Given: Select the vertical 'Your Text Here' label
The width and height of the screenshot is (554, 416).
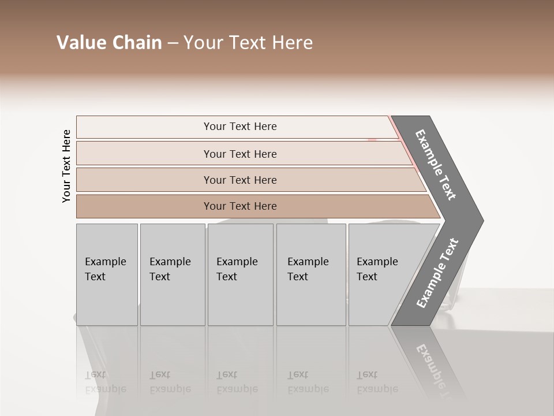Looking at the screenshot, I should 66,166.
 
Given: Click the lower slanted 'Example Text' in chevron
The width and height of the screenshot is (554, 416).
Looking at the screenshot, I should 437,273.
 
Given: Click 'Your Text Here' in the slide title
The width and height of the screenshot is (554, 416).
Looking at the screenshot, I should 248,43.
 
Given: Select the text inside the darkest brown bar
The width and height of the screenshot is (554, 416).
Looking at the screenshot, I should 240,206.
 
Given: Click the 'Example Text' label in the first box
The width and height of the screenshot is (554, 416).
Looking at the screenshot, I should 105,269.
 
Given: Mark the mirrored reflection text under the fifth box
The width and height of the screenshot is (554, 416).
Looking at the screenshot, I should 377,382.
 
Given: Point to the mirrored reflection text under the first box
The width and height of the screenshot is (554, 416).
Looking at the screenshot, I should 105,382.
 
